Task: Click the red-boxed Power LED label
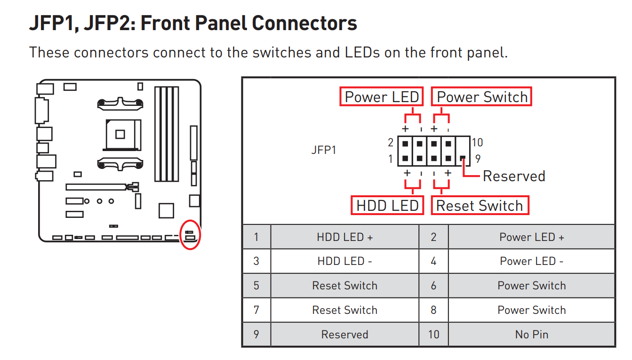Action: [382, 96]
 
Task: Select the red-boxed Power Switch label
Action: [482, 96]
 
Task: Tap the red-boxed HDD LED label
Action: [387, 206]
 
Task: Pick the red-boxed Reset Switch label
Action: [480, 206]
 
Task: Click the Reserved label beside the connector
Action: [514, 176]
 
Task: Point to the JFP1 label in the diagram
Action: [324, 150]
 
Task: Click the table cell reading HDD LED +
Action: [345, 237]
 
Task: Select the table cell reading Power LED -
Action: [531, 261]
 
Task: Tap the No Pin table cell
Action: [531, 335]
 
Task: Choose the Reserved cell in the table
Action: [345, 335]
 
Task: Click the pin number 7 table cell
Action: [256, 310]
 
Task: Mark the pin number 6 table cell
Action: [433, 286]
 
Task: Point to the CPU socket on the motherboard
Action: [120, 134]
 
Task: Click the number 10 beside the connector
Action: [477, 143]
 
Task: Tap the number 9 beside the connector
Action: [478, 159]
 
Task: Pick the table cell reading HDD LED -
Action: [345, 261]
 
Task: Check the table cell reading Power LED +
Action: [531, 237]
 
